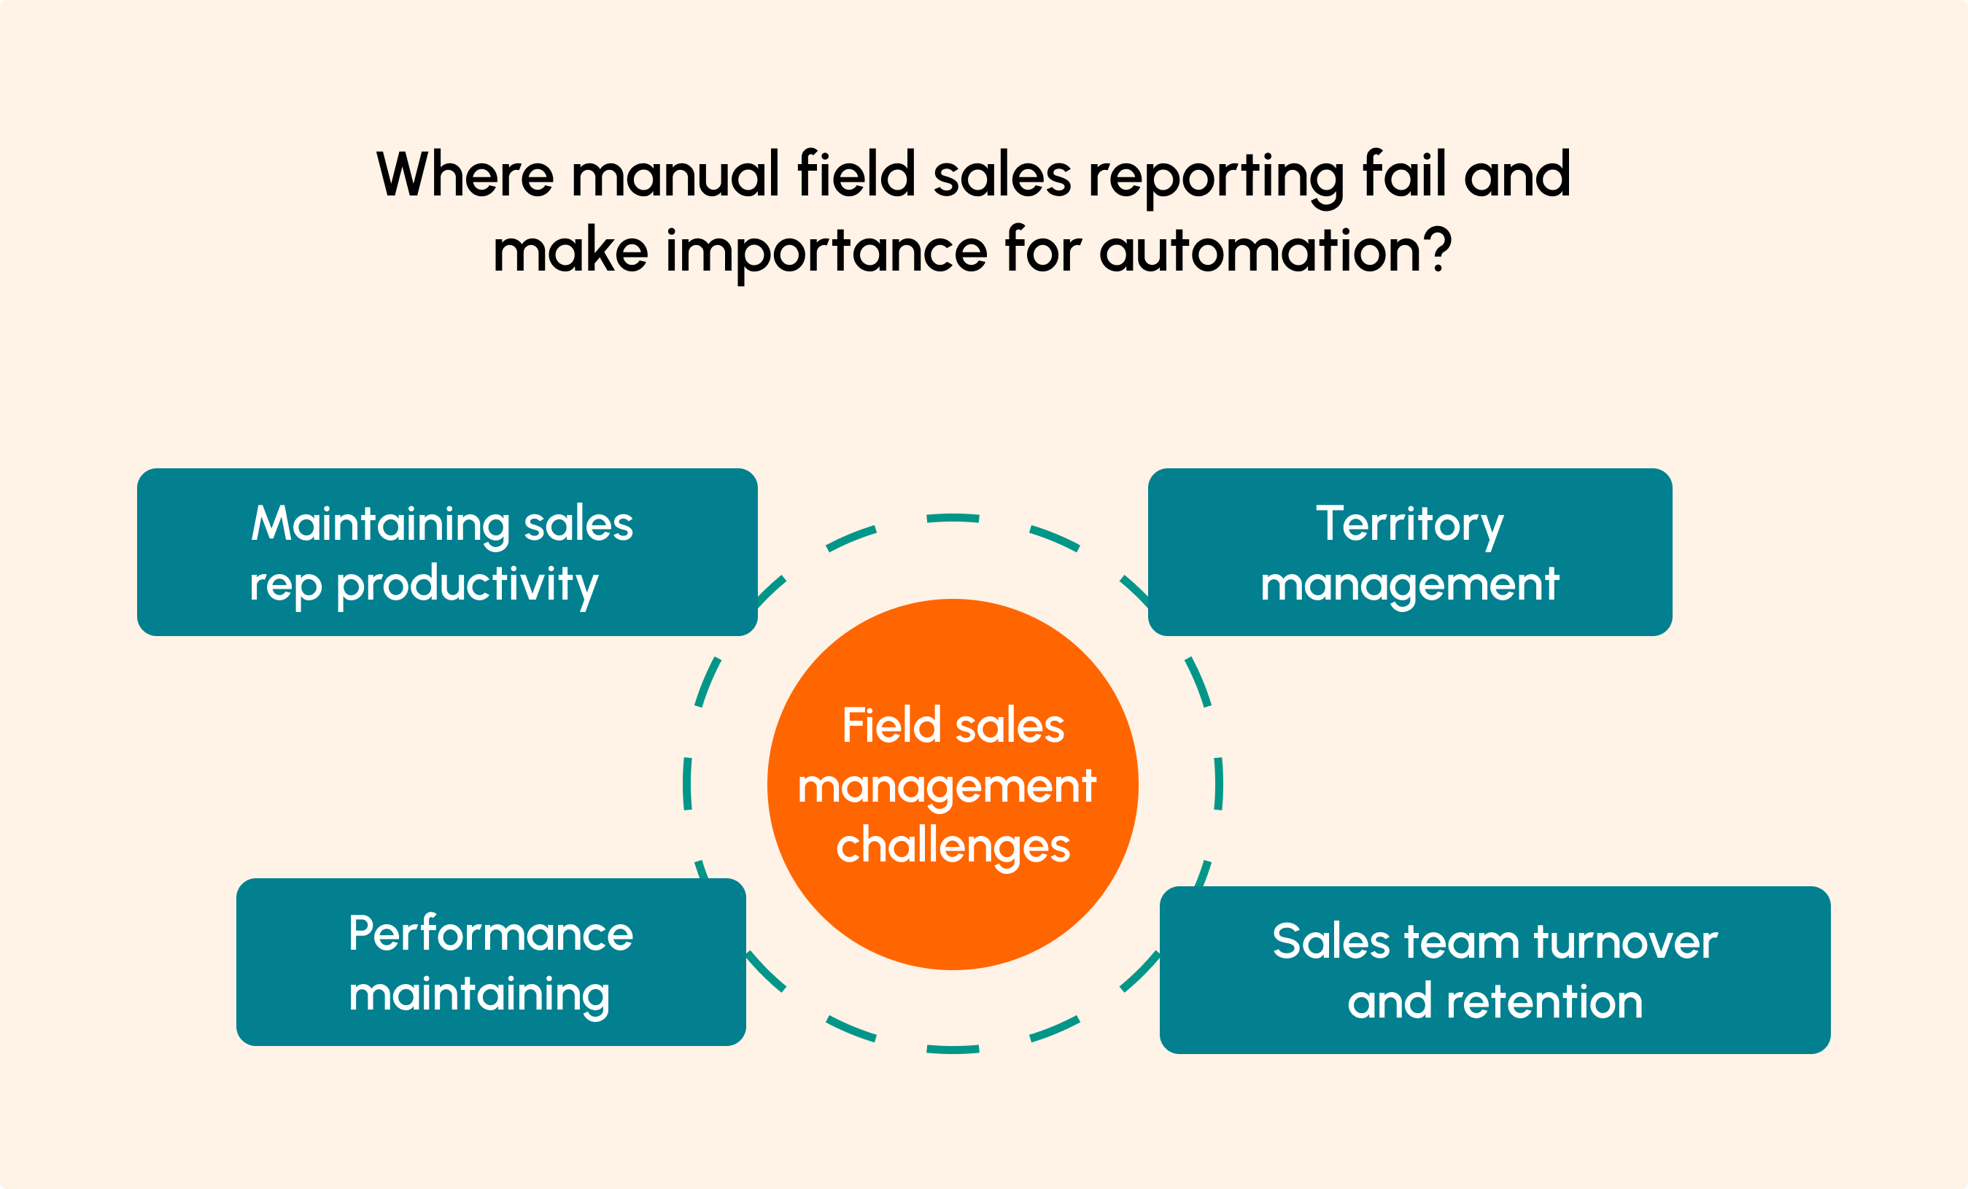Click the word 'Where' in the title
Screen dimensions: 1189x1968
[x=465, y=174]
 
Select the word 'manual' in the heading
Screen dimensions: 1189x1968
[x=675, y=174]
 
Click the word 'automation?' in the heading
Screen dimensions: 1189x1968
[x=1275, y=251]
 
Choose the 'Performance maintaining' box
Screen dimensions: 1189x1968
[x=490, y=962]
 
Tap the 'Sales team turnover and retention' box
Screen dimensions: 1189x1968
[x=1495, y=970]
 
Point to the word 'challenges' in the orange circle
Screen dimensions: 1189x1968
[x=952, y=846]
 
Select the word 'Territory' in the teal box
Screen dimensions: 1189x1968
[x=1410, y=524]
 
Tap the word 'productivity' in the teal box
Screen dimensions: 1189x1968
[x=468, y=585]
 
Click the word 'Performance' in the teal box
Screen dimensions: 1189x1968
[x=490, y=934]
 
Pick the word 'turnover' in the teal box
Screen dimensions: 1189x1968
[x=1625, y=942]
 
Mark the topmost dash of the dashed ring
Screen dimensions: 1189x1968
[x=952, y=518]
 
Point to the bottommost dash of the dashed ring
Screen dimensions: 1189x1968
[x=952, y=1049]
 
